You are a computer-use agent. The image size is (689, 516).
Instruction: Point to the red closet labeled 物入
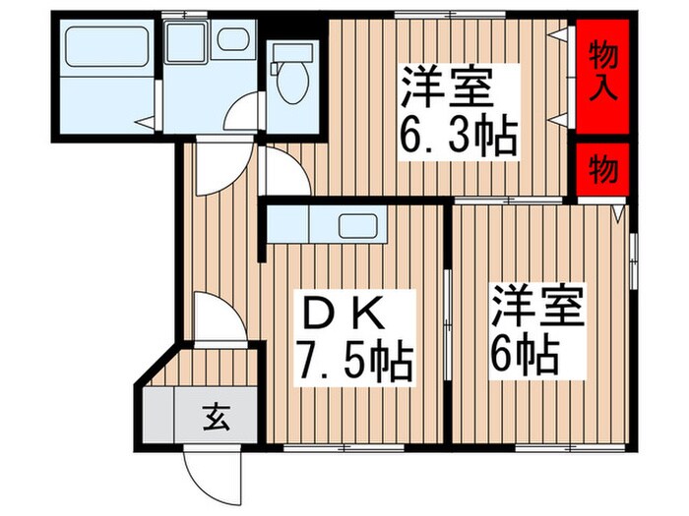pos(602,74)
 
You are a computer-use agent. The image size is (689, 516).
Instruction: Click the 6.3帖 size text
pos(458,139)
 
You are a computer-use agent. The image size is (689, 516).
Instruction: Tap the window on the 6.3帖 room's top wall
pos(450,15)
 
